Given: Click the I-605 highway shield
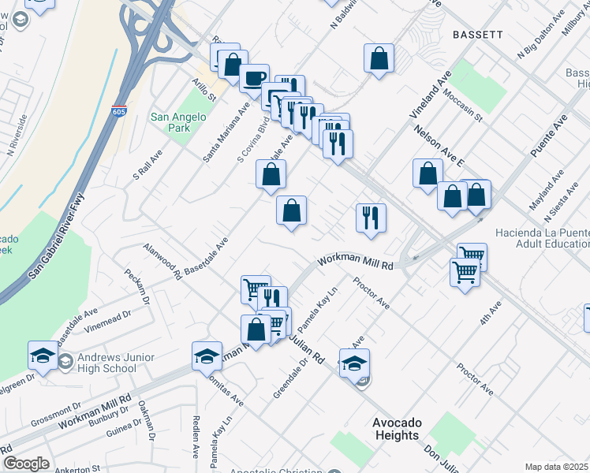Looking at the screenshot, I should pyautogui.click(x=119, y=111).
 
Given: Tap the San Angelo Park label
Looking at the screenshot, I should pyautogui.click(x=178, y=122).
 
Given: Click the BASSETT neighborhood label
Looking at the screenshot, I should pyautogui.click(x=477, y=35).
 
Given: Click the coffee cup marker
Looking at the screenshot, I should pyautogui.click(x=254, y=78).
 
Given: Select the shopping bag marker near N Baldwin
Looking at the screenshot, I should pyautogui.click(x=379, y=58).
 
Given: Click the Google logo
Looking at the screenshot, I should pyautogui.click(x=26, y=463).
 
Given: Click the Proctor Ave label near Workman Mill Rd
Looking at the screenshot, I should pyautogui.click(x=372, y=292).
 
